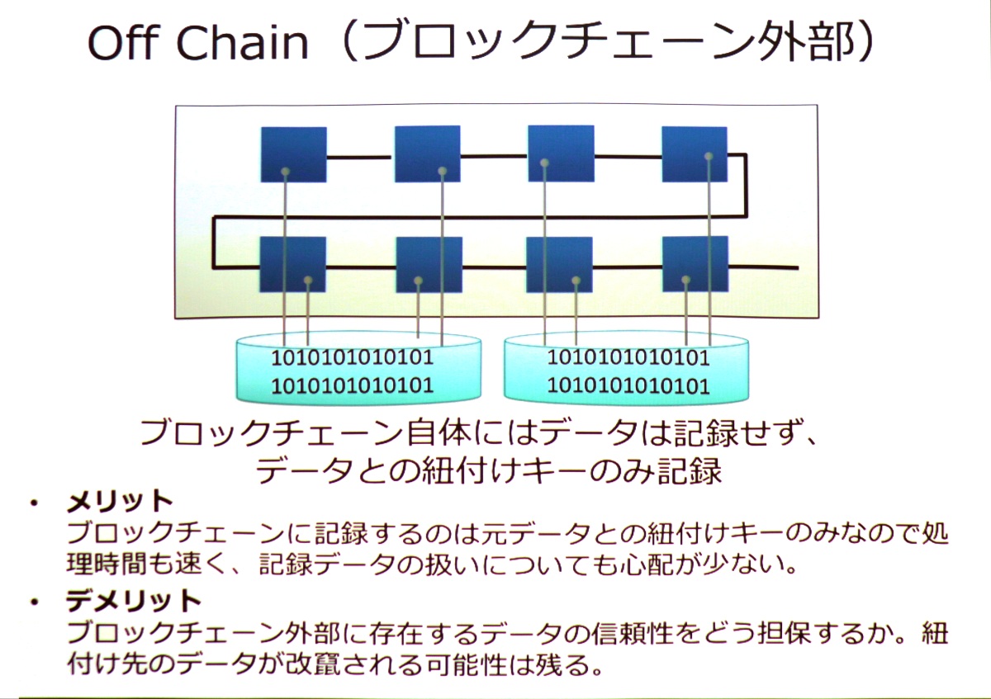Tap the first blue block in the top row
click(294, 154)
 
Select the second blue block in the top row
click(428, 153)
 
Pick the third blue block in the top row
click(561, 153)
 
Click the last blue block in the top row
click(695, 154)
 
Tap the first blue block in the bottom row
click(293, 264)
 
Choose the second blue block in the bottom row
click(429, 265)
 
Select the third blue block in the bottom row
click(559, 264)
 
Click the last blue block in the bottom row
click(695, 264)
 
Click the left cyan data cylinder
click(358, 369)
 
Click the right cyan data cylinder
click(627, 369)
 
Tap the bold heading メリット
click(120, 502)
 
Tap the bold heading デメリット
click(134, 601)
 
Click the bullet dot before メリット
click(34, 503)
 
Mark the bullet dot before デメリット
click(34, 602)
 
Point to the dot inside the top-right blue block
click(709, 156)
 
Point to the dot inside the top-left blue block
click(286, 171)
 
